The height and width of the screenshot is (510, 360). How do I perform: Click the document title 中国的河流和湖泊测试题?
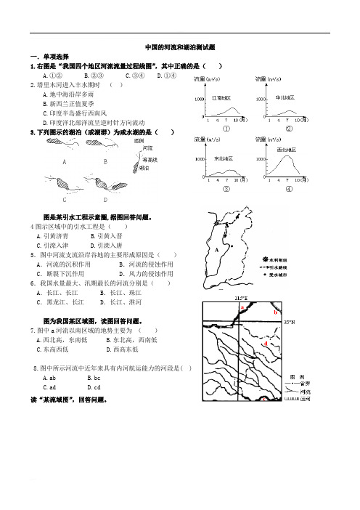180,46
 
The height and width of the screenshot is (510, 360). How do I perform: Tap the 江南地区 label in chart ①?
222,97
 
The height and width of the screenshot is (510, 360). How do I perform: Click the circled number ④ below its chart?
288,188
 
